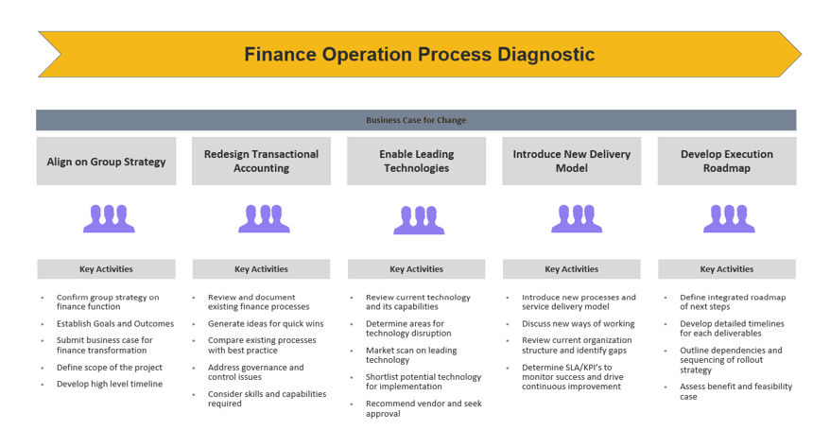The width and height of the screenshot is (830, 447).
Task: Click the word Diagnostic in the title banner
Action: tap(545, 55)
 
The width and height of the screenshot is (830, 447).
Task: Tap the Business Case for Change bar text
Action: tap(416, 120)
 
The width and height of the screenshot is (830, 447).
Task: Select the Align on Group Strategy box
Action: tap(107, 162)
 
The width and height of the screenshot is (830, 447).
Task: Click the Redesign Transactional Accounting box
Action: tap(262, 162)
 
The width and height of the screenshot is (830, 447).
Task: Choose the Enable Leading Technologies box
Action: tap(417, 162)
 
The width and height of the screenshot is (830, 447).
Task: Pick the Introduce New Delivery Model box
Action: tap(572, 162)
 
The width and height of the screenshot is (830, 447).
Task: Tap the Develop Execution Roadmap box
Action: tap(727, 162)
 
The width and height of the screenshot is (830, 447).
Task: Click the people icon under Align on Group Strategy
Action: tap(109, 218)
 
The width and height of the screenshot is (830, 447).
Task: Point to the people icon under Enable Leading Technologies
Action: tap(419, 219)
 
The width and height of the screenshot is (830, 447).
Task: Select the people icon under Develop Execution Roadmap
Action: tap(729, 218)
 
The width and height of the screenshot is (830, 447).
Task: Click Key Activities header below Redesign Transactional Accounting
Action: tap(262, 268)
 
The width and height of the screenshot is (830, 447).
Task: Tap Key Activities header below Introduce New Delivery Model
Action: tap(572, 268)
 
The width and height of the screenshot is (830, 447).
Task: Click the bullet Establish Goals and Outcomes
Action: tap(115, 324)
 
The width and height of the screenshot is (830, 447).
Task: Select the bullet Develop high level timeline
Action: tap(110, 384)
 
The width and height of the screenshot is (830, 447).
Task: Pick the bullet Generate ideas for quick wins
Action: tap(266, 324)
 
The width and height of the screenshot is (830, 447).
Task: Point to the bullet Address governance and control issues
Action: tap(255, 372)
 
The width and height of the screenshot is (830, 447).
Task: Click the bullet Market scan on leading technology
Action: tap(411, 355)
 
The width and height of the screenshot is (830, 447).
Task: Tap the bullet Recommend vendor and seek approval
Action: tap(424, 408)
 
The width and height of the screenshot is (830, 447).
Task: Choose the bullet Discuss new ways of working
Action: tap(578, 324)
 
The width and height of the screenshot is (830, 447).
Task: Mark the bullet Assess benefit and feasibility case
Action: tap(735, 391)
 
